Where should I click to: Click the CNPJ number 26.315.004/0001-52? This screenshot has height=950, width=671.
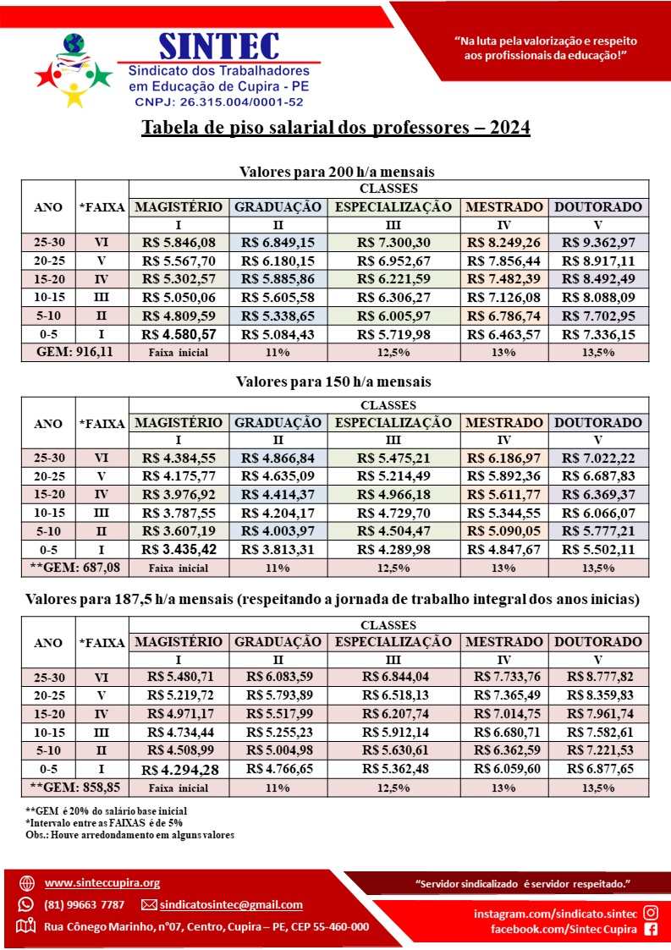tap(218, 102)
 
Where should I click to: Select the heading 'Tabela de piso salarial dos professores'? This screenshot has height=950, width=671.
tap(336, 128)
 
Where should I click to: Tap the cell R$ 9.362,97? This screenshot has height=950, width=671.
tap(598, 242)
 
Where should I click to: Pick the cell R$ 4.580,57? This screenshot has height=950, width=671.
tap(179, 334)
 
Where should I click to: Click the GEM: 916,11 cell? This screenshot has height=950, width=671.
tap(74, 352)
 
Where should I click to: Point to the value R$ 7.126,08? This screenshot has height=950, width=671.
tap(504, 297)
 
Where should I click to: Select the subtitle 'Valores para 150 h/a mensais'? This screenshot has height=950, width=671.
tap(335, 382)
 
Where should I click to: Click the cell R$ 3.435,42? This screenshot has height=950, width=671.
tap(179, 550)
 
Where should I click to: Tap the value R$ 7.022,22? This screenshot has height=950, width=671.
tap(598, 458)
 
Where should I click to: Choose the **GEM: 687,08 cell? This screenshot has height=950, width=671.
tap(74, 568)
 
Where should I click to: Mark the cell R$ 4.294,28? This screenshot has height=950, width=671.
tap(179, 770)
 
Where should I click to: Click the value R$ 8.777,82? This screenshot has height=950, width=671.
tap(598, 677)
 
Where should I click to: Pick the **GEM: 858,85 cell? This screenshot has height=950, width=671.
tap(74, 788)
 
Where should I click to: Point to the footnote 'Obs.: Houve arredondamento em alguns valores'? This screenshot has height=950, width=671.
tap(129, 835)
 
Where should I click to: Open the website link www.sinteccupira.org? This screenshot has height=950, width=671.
tap(102, 882)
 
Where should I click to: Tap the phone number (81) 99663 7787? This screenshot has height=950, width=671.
tap(84, 904)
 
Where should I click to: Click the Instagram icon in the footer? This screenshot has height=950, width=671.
tap(651, 912)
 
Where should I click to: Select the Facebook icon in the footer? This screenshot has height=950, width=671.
tap(651, 929)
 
